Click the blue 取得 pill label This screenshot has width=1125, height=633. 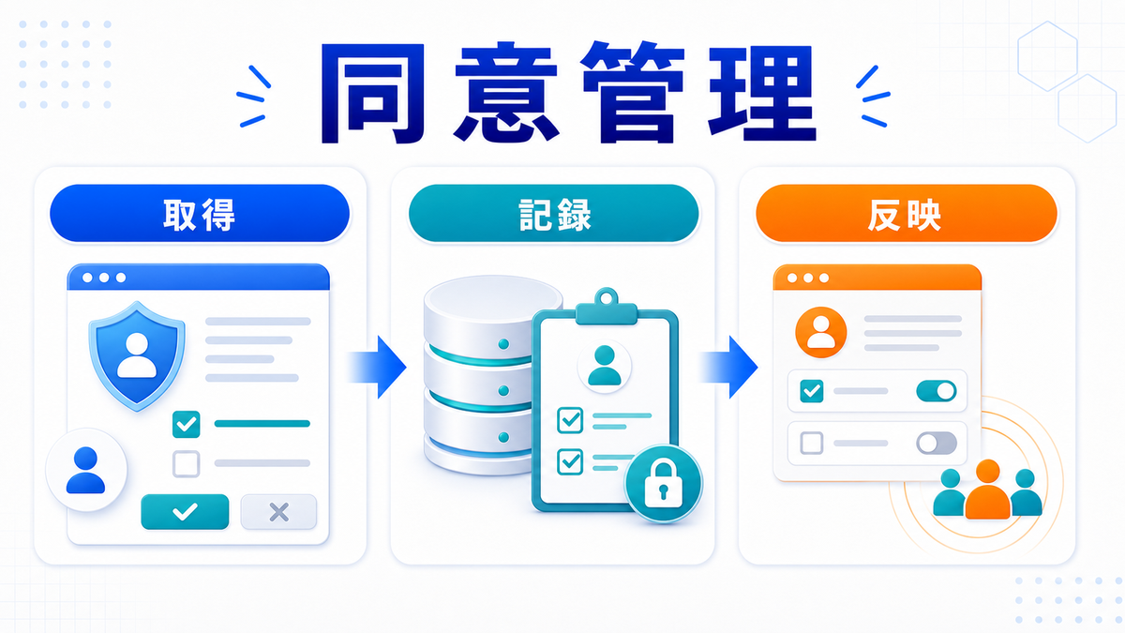(200, 214)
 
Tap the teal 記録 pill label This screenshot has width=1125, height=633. (553, 214)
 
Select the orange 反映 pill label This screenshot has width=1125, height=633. (907, 214)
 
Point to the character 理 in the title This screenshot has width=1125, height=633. (762, 94)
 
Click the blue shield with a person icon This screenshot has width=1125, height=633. (137, 355)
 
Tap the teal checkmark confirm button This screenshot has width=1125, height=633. (185, 511)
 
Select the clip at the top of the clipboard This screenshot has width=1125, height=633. (607, 307)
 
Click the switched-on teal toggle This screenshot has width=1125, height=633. (937, 391)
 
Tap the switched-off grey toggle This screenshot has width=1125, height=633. (937, 443)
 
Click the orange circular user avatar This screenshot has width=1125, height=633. (820, 332)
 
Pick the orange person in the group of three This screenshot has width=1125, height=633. (987, 489)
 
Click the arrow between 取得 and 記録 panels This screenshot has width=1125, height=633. (376, 367)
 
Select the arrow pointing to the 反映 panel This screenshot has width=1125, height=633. (728, 367)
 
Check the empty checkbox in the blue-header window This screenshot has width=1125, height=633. (187, 463)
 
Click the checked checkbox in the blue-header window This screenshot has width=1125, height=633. (187, 424)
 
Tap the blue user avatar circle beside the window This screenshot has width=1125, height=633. (86, 470)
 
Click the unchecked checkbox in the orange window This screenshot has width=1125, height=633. (812, 443)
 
